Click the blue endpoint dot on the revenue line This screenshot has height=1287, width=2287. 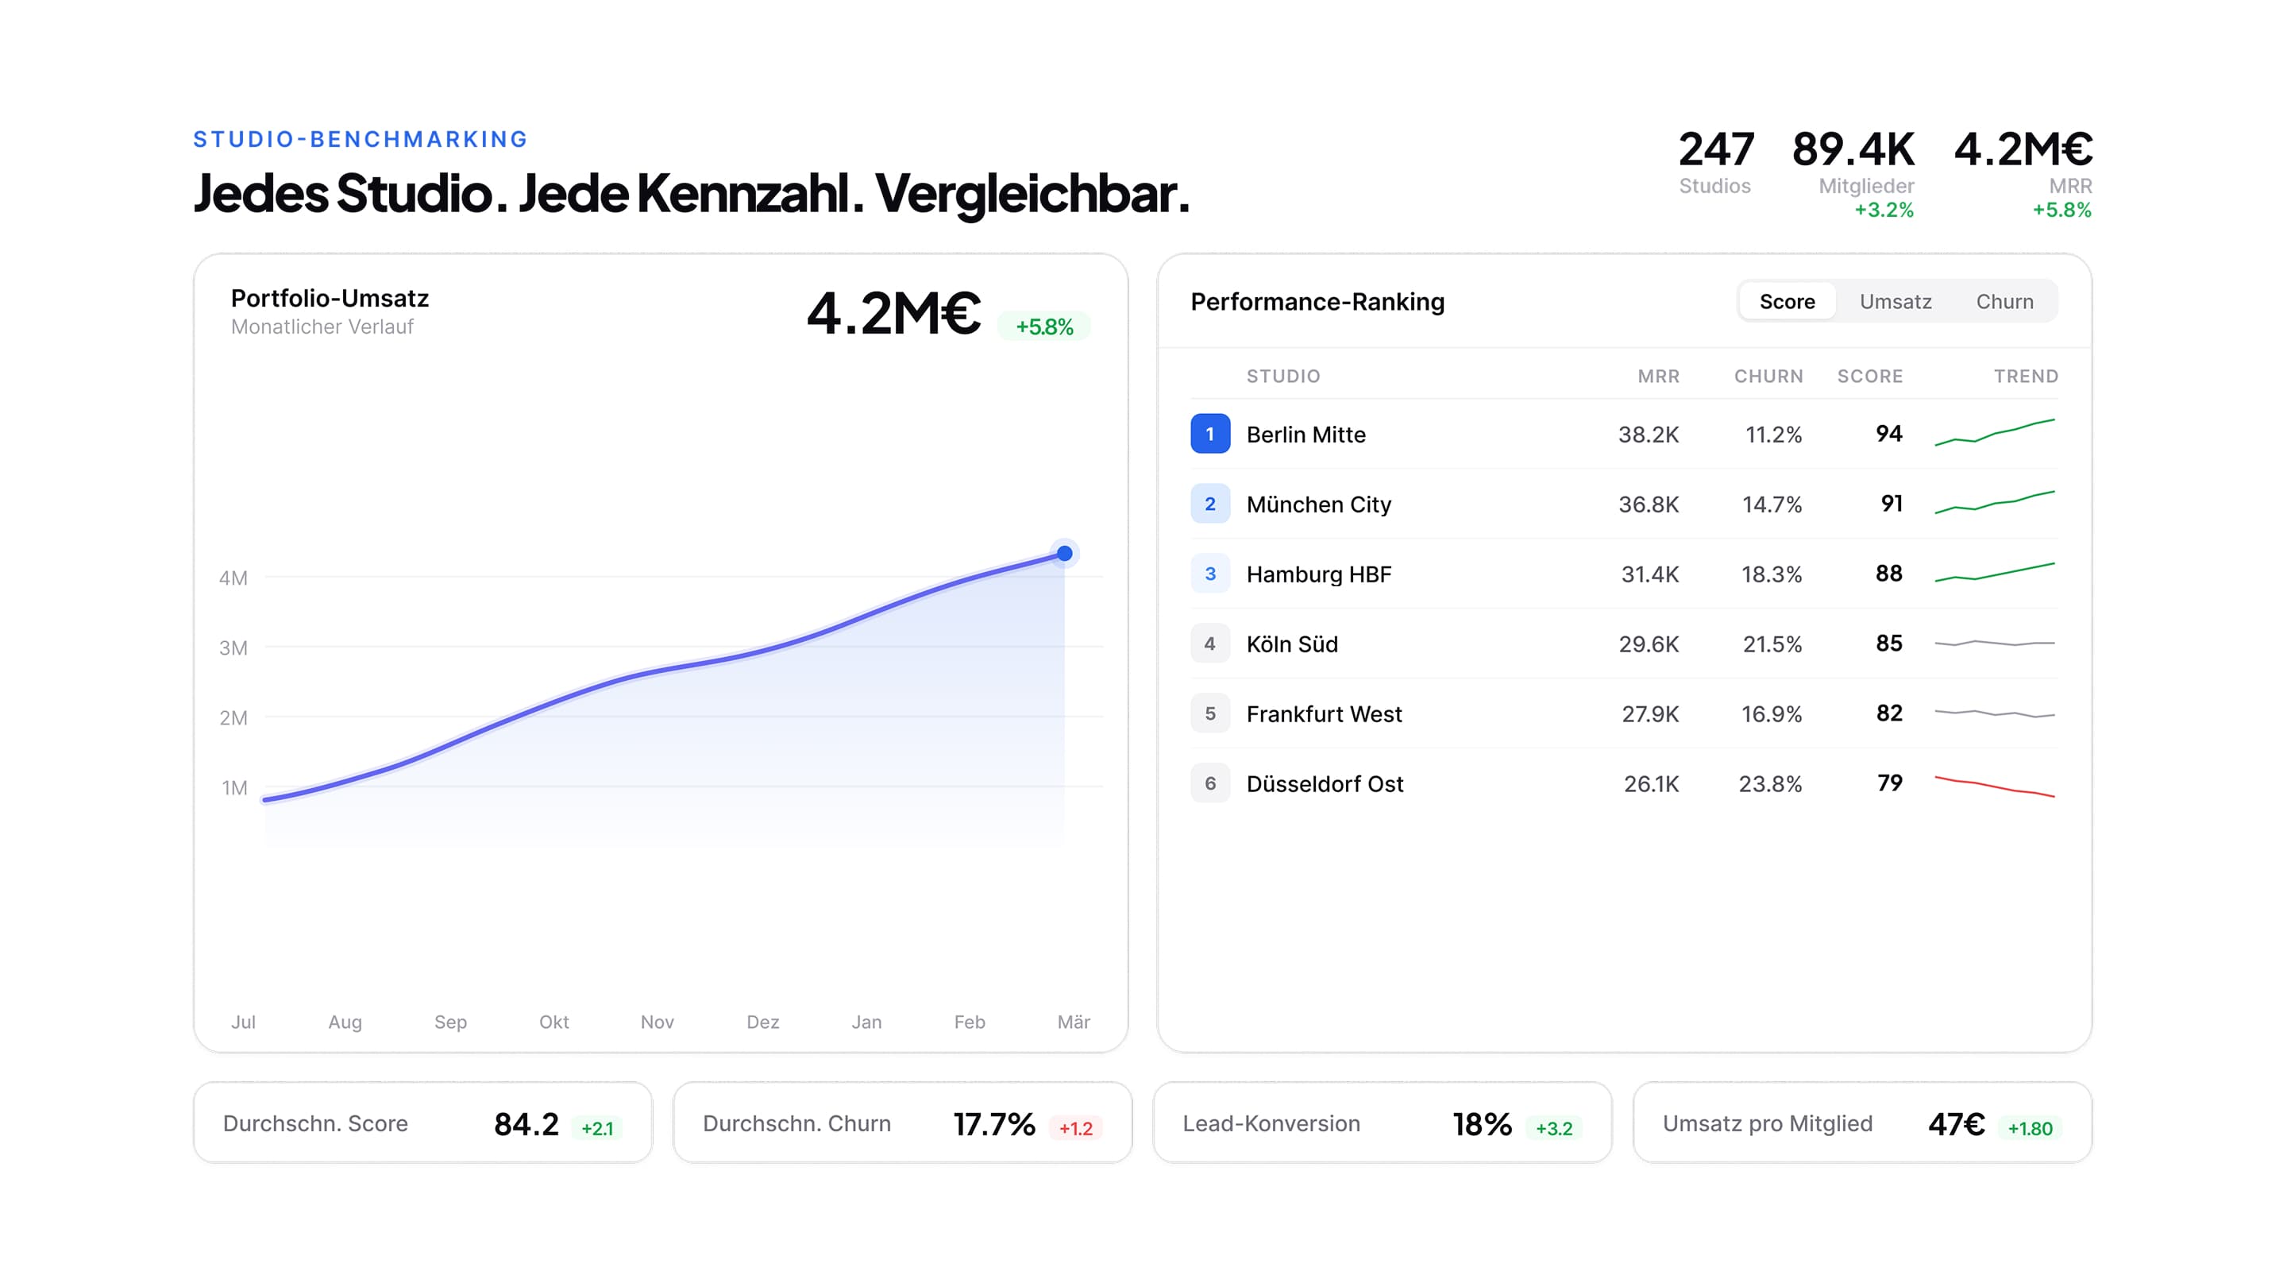coord(1063,555)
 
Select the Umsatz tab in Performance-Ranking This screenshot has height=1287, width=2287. coord(1895,302)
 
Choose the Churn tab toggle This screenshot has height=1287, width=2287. coord(2004,302)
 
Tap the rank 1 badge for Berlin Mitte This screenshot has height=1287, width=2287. coord(1209,435)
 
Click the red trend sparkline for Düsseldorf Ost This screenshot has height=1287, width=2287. coord(1994,786)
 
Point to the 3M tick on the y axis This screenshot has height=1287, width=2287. coord(233,648)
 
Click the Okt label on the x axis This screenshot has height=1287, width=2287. coord(554,1022)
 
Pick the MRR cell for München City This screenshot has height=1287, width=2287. coord(1648,504)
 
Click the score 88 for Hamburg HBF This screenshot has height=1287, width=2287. coord(1888,574)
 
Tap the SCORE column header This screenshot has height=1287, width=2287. coord(1870,377)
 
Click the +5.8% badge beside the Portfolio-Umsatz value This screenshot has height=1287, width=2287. coord(1044,327)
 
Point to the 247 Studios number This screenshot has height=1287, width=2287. coord(1715,149)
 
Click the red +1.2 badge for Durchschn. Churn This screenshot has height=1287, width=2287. coord(1075,1128)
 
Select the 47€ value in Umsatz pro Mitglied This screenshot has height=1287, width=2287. coord(1956,1124)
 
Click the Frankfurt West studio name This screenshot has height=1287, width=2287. coord(1324,714)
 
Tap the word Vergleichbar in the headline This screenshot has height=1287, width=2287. coord(1032,194)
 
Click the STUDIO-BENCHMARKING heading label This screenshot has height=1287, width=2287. coord(361,140)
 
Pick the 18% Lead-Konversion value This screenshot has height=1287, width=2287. coord(1482,1124)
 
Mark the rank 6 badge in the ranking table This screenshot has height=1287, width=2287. coord(1209,783)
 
